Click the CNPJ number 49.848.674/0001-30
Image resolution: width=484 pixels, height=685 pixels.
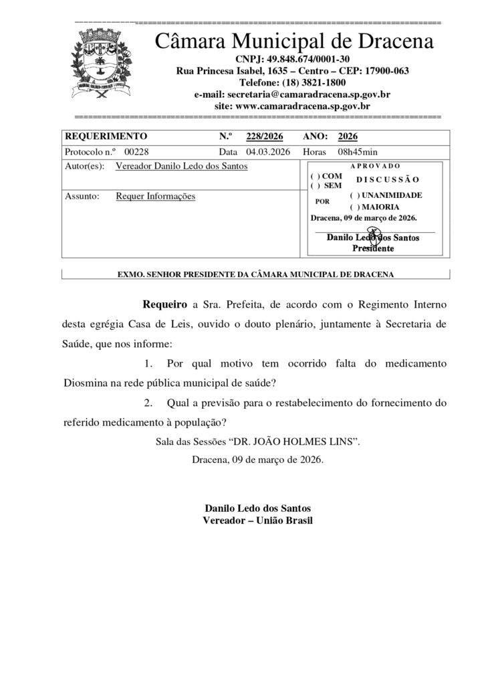pyautogui.click(x=294, y=59)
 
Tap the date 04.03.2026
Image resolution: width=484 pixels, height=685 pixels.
pyautogui.click(x=268, y=152)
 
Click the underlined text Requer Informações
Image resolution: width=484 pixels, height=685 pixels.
pyautogui.click(x=155, y=197)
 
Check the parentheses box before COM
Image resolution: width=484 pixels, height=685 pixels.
pyautogui.click(x=315, y=176)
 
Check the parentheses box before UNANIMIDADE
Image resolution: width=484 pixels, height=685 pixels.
pyautogui.click(x=354, y=195)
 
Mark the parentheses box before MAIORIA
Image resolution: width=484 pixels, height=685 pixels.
pyautogui.click(x=354, y=207)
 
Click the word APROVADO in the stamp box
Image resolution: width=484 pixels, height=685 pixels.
pyautogui.click(x=375, y=165)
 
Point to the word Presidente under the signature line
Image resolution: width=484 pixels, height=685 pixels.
pyautogui.click(x=374, y=248)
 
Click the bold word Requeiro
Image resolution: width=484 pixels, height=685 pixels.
pyautogui.click(x=165, y=304)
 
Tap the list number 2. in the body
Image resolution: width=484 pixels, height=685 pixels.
pyautogui.click(x=149, y=403)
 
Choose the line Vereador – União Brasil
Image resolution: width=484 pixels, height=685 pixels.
pyautogui.click(x=257, y=520)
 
